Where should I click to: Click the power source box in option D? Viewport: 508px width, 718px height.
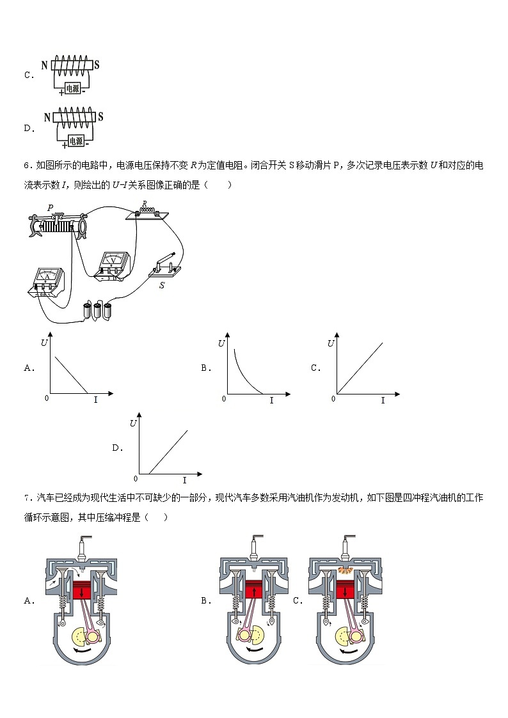75,141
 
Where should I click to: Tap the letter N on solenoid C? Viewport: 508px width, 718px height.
44,65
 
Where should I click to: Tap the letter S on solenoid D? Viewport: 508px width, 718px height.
100,117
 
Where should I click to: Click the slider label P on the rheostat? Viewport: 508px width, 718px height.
50,208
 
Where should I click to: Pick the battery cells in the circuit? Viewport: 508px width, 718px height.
98,311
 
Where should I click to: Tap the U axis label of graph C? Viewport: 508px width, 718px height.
331,343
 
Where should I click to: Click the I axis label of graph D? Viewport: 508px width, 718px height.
184,480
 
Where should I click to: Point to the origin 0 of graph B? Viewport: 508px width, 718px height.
224,399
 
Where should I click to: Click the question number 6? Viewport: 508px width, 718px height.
26,166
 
